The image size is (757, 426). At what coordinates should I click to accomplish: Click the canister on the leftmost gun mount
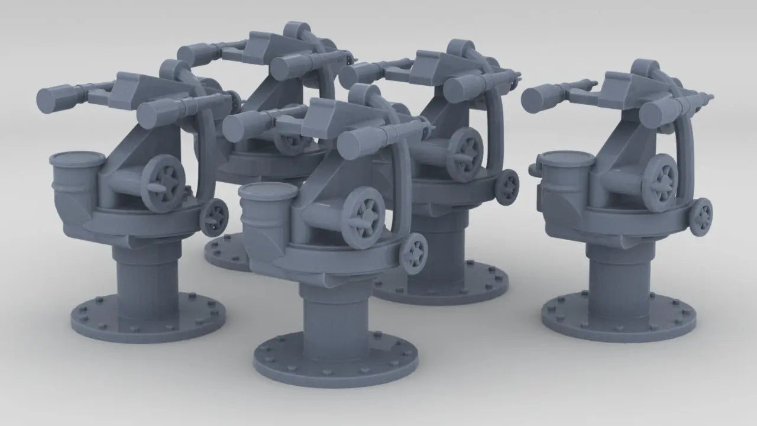pos(77,177)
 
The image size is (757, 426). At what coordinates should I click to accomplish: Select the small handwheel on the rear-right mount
pos(507,185)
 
